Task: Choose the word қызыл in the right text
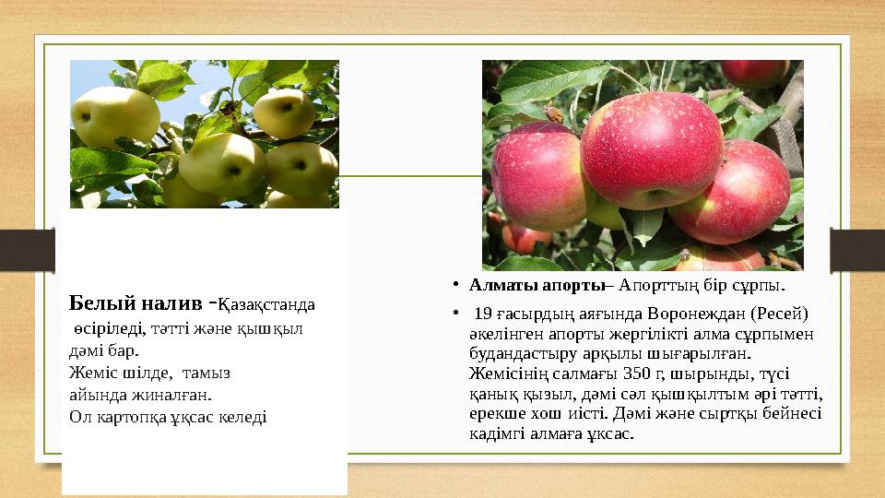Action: coord(545,395)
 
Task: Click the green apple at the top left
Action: coord(115,115)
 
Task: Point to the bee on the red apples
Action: coord(554,113)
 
